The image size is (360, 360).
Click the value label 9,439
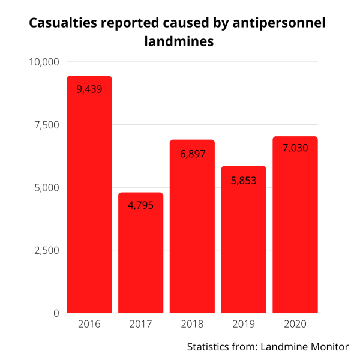89,89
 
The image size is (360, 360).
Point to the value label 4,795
141,205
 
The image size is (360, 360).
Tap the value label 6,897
193,154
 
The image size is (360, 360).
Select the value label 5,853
244,179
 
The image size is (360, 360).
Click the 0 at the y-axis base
56,313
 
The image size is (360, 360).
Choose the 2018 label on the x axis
193,325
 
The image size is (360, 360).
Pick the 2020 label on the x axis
295,325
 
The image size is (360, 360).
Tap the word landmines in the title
179,41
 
